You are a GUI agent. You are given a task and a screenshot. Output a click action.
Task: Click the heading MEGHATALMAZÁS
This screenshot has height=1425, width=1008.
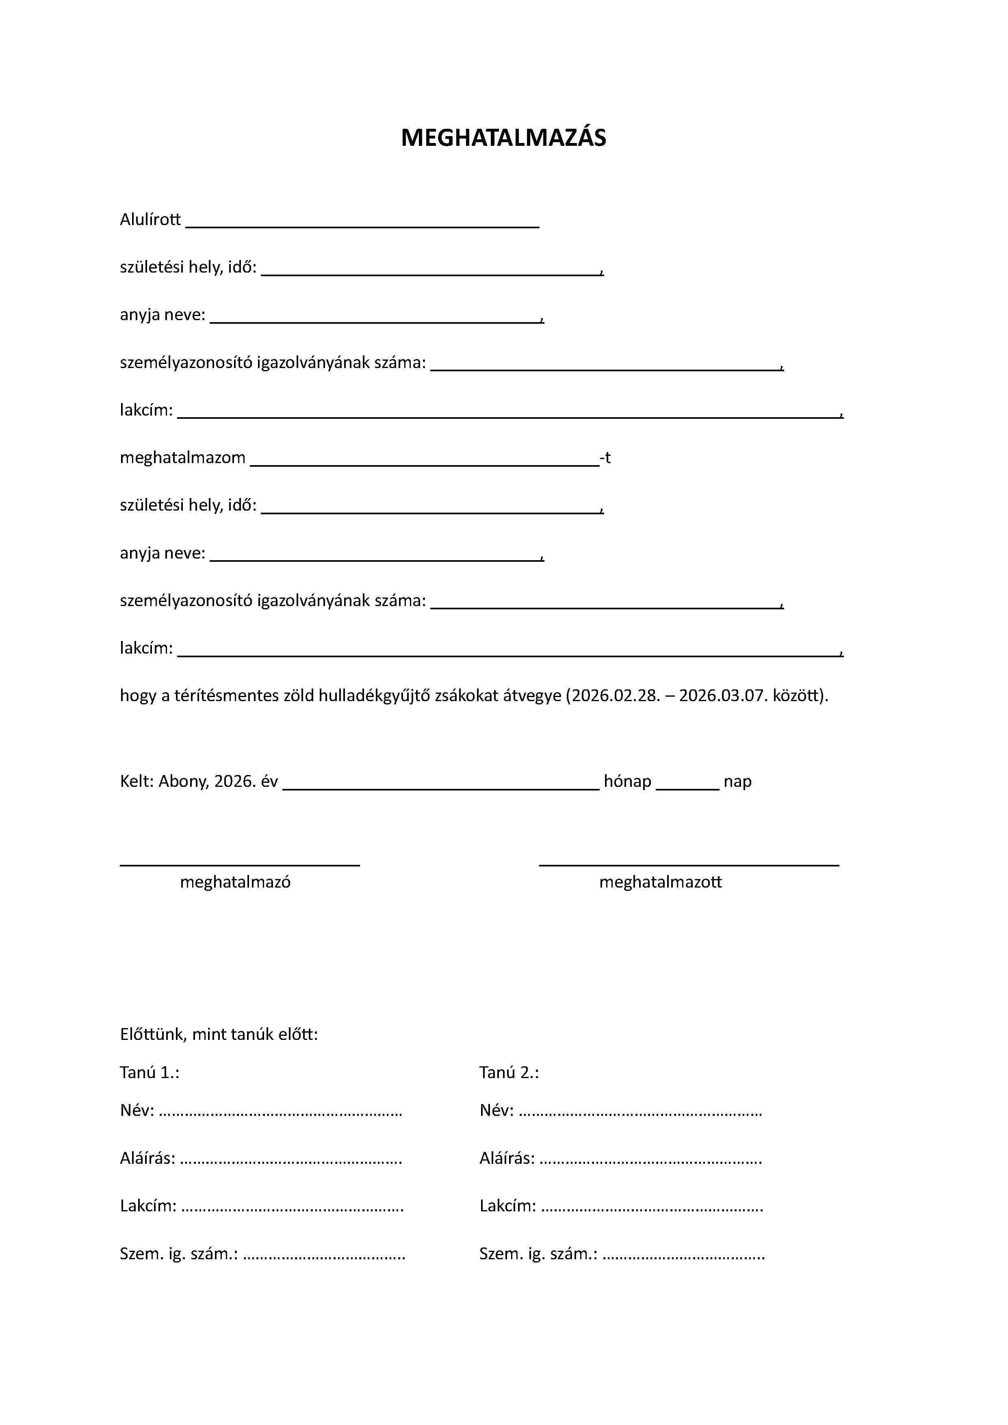click(503, 138)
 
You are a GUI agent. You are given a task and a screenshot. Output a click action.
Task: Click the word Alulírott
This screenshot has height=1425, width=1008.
click(150, 220)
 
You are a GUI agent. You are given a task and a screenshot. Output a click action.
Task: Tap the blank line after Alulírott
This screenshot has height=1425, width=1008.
click(362, 225)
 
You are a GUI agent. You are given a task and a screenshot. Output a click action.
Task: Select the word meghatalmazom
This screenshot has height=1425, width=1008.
click(182, 458)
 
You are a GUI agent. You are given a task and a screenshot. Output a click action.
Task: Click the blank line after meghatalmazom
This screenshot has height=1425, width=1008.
click(425, 462)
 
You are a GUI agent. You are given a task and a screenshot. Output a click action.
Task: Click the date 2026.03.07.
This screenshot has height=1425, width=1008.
click(723, 696)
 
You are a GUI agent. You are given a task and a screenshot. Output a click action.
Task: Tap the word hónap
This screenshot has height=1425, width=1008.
click(628, 782)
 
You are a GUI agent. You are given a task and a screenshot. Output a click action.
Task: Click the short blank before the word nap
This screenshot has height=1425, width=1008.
click(687, 786)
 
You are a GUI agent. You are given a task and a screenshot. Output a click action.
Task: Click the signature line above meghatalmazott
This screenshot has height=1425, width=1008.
click(689, 864)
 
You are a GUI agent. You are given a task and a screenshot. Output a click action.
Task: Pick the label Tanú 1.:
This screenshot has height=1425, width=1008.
click(150, 1072)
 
